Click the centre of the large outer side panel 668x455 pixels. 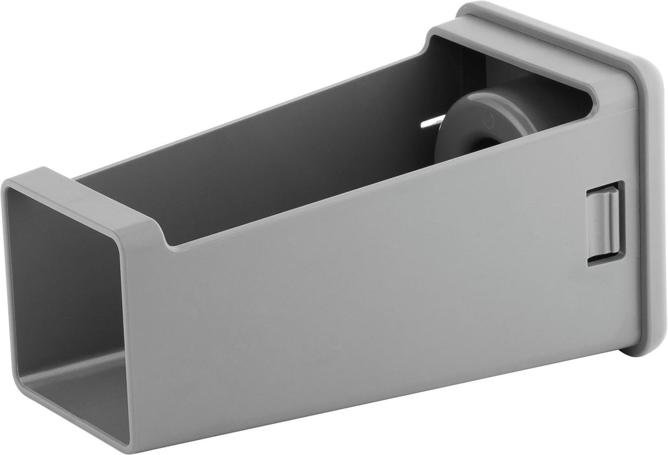377,286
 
